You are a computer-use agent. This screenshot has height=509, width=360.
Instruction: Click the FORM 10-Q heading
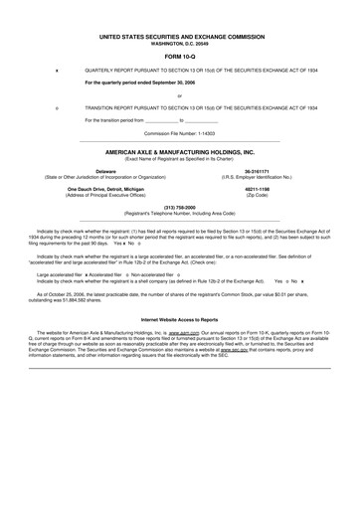[x=180, y=55]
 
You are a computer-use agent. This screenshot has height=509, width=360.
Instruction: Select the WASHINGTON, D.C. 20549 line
[x=180, y=43]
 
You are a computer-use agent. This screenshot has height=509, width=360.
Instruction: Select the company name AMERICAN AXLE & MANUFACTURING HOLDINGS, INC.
[x=180, y=153]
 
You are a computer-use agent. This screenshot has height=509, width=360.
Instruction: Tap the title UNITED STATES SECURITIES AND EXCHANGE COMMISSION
[x=180, y=36]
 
